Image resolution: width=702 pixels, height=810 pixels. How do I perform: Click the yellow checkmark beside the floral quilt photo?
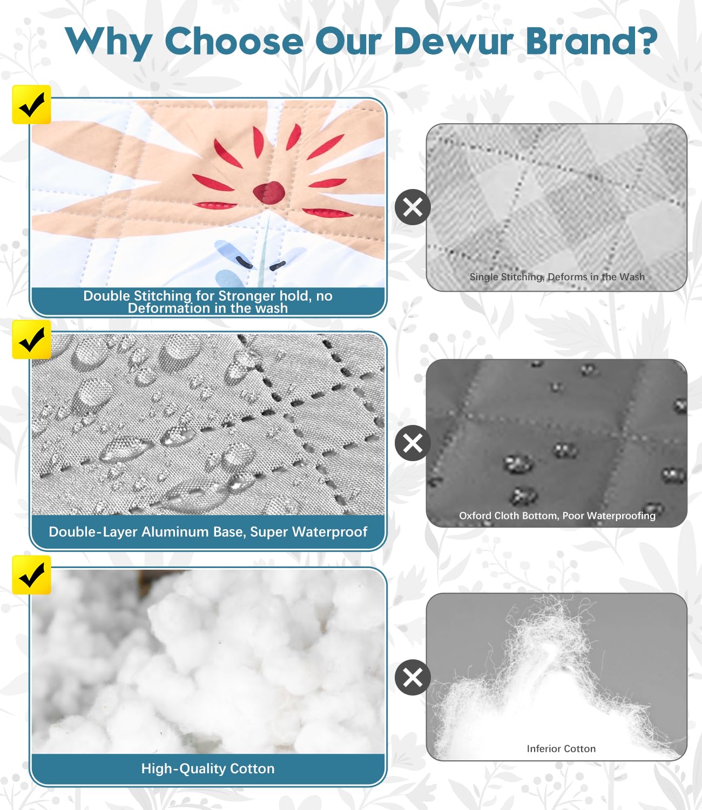tap(31, 105)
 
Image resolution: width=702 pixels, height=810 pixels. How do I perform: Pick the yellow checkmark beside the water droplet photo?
tap(31, 339)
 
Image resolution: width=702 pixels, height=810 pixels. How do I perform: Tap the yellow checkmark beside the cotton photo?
tap(31, 575)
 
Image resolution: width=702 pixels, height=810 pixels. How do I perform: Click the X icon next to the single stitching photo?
tap(413, 207)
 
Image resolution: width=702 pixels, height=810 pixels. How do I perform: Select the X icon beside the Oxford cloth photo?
tap(413, 443)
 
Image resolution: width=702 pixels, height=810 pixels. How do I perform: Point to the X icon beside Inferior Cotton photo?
tap(413, 677)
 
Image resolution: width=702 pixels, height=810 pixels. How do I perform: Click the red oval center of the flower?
tap(269, 192)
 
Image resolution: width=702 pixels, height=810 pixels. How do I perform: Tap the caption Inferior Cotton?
tap(561, 748)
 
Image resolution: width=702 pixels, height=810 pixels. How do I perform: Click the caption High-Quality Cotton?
tap(208, 768)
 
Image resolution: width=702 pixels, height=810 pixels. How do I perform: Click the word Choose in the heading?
tap(234, 41)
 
